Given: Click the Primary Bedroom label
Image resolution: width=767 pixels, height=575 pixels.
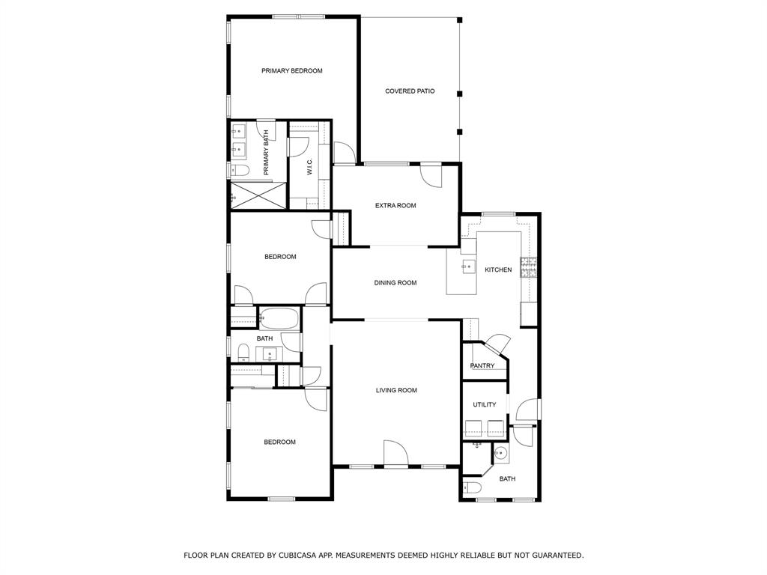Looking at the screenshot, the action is click(291, 71).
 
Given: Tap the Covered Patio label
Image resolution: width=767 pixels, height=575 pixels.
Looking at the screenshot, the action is click(410, 91).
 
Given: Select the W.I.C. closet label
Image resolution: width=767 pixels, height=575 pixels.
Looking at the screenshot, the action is click(309, 166).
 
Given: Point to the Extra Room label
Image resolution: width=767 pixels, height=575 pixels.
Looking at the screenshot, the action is click(395, 206).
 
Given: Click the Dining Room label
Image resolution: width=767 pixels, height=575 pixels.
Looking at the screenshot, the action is click(395, 283).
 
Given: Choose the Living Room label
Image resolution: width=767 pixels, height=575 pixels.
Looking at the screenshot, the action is click(396, 391).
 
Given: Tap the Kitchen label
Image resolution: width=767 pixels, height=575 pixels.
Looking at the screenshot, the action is click(498, 270).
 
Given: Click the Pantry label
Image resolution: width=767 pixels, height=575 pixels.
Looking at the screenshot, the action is click(482, 365).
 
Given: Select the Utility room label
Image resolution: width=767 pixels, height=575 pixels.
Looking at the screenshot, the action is click(485, 405).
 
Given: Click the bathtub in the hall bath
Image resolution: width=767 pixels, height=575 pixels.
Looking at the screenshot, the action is click(279, 318).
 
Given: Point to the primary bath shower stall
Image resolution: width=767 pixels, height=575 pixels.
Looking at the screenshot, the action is click(258, 195).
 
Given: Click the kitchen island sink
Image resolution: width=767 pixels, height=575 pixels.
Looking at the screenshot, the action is click(469, 267).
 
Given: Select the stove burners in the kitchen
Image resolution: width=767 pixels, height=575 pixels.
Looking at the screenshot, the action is click(529, 267).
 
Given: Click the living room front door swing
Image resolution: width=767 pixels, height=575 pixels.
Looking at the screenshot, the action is click(396, 454).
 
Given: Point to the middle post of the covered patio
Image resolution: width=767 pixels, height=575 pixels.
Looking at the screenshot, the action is click(459, 94).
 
